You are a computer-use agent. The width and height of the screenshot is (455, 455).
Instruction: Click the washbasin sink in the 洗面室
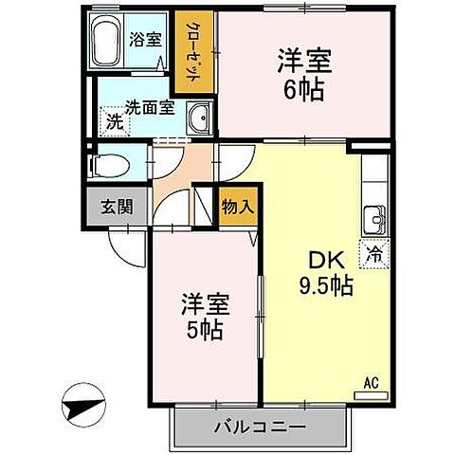tap(200, 118)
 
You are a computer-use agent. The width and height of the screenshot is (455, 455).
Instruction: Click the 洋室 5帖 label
tap(202, 317)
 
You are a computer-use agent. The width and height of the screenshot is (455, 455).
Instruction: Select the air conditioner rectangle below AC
tap(372, 393)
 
